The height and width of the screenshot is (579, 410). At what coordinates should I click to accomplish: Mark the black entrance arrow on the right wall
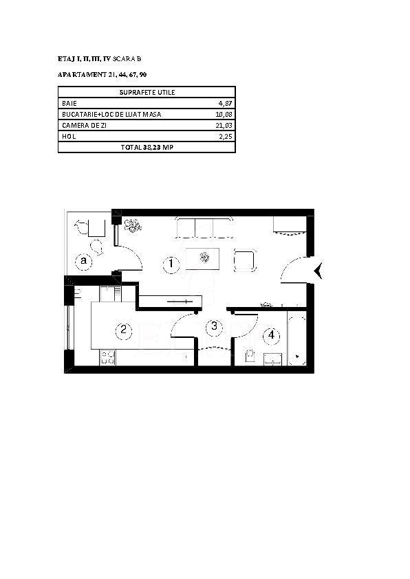pyautogui.click(x=319, y=271)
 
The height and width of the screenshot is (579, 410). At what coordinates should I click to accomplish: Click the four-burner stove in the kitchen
pyautogui.click(x=107, y=357)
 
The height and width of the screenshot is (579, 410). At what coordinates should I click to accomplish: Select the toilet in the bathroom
pyautogui.click(x=250, y=356)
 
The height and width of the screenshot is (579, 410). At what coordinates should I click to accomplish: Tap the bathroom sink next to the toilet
pyautogui.click(x=273, y=359)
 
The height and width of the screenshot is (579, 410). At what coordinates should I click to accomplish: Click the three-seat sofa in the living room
pyautogui.click(x=205, y=228)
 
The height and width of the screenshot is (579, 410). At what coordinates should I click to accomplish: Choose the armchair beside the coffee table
pyautogui.click(x=245, y=260)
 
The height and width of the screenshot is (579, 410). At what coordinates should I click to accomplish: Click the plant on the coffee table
pyautogui.click(x=204, y=257)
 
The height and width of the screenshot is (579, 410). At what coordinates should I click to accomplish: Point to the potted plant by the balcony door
pyautogui.click(x=132, y=225)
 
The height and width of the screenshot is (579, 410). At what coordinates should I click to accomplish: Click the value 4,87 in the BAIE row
pyautogui.click(x=225, y=104)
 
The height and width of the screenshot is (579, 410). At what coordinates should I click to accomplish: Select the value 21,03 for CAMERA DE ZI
pyautogui.click(x=224, y=126)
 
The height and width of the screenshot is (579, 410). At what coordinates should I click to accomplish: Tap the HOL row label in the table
pyautogui.click(x=69, y=136)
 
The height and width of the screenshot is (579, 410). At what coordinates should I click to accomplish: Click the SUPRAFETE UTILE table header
pyautogui.click(x=147, y=92)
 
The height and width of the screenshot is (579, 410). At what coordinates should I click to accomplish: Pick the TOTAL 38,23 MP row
pyautogui.click(x=147, y=148)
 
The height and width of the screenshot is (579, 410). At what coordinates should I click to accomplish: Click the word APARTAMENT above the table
pyautogui.click(x=82, y=75)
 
